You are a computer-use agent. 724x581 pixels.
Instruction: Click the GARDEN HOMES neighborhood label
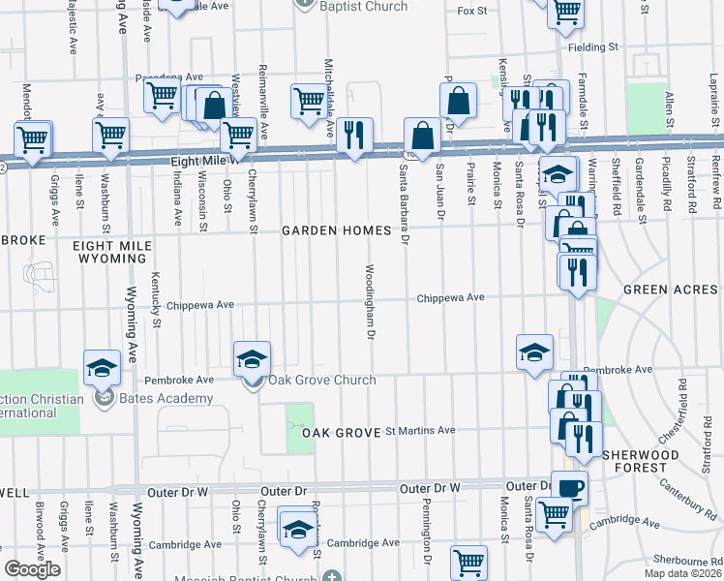336,230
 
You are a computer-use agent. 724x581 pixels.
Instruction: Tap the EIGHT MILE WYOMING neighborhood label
112,254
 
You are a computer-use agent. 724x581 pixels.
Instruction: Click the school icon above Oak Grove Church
252,359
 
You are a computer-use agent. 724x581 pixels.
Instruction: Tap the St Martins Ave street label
420,430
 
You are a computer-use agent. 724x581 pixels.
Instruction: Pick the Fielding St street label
593,46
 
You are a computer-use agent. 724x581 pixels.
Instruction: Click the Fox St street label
471,11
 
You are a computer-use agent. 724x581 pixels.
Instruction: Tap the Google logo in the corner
32,569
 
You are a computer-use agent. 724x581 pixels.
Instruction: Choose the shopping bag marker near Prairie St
458,101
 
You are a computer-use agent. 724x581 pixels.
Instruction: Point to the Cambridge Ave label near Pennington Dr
363,543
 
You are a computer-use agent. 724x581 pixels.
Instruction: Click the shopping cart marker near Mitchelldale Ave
309,101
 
